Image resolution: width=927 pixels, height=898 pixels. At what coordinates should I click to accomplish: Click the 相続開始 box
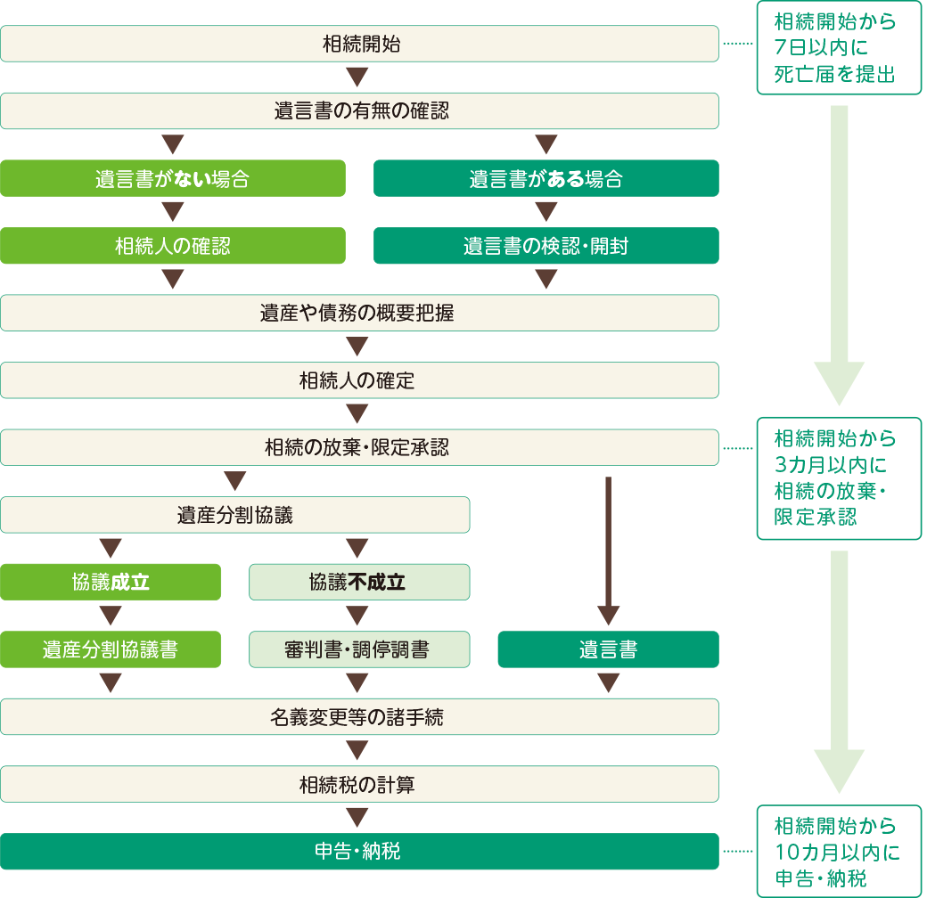coord(359,44)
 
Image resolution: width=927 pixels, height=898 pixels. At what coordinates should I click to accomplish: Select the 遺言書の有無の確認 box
coord(359,111)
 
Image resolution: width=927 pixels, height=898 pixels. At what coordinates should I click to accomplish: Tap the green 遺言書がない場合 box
coord(172,178)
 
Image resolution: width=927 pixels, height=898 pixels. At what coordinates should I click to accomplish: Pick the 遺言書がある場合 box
coord(546,178)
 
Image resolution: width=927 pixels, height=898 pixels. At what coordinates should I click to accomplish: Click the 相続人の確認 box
coord(172,246)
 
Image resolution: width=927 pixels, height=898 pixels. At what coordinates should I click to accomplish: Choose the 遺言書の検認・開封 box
coord(546,246)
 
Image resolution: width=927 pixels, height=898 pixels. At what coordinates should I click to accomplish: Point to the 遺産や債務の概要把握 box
coord(359,313)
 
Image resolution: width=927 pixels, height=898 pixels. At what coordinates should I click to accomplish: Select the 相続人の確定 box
coord(359,380)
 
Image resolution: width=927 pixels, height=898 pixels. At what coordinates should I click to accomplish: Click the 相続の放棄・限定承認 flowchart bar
coord(359,447)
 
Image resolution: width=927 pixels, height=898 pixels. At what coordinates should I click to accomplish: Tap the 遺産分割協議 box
coord(234,515)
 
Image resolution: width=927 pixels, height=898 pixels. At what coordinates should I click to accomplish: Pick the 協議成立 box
coord(111,583)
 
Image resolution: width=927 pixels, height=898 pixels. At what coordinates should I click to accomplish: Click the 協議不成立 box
coord(358,583)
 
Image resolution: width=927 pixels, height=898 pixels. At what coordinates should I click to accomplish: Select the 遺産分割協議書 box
coord(111,649)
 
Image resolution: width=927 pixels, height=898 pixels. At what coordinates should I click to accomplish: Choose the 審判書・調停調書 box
coord(358,649)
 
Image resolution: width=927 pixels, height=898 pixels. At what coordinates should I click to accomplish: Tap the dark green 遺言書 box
coord(608,649)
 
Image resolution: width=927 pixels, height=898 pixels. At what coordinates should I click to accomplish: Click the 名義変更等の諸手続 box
coord(359,716)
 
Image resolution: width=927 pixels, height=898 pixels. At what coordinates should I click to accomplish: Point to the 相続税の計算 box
coord(359,784)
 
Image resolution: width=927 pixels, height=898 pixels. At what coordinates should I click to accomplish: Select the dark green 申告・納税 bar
coord(359,852)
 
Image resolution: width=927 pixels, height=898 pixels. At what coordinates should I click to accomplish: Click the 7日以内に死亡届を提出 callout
coord(838,49)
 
